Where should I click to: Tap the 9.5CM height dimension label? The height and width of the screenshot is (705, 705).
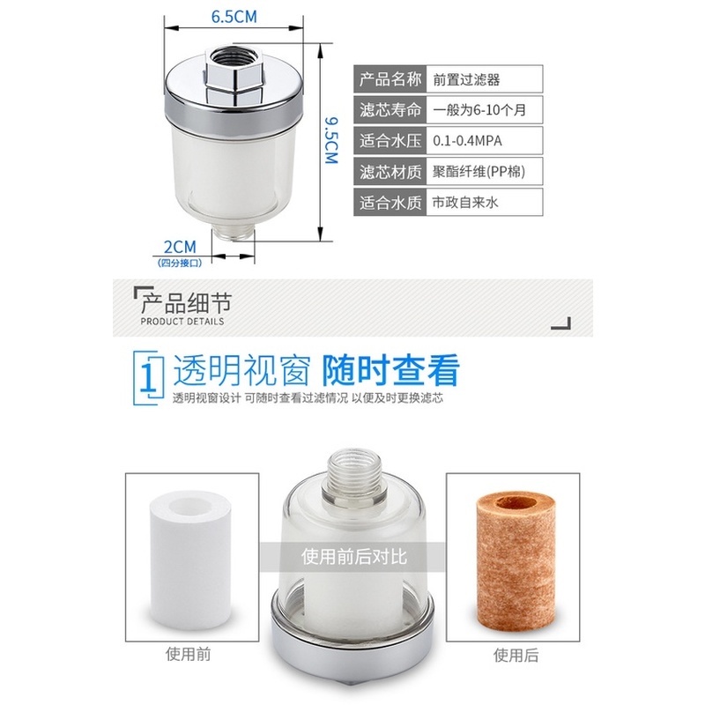tap(330, 140)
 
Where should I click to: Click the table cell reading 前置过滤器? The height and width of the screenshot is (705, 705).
tap(486, 78)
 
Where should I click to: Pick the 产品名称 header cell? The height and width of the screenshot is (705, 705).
tap(390, 78)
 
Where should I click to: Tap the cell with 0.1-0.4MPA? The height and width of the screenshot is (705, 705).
tap(486, 140)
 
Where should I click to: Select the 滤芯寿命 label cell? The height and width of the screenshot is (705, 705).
tap(390, 109)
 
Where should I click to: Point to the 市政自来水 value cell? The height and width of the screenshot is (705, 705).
tap(486, 202)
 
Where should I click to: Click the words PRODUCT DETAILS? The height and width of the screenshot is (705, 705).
tap(182, 322)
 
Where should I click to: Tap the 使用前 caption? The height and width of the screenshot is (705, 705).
tap(191, 655)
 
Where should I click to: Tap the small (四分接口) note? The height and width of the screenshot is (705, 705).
tap(180, 263)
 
